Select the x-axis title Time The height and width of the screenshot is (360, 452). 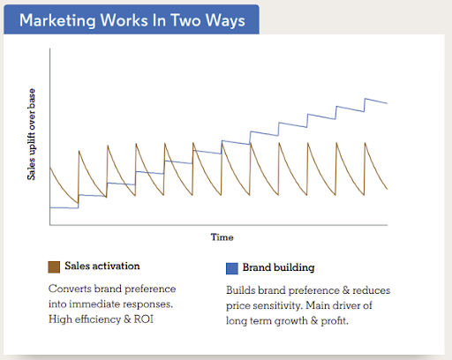[222, 236]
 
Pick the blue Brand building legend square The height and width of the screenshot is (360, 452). [232, 267]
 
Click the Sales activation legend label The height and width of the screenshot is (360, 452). [102, 266]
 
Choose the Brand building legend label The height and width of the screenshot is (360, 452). [277, 267]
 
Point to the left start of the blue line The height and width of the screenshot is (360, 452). [50, 207]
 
